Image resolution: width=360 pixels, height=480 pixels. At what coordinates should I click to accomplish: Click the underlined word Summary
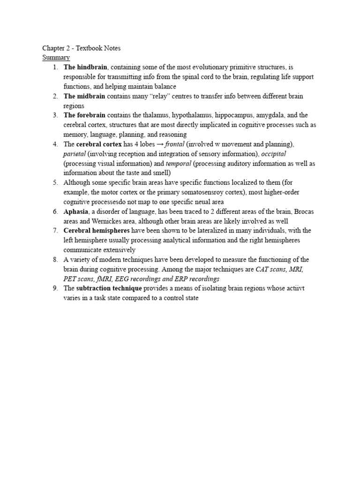[x=56, y=57]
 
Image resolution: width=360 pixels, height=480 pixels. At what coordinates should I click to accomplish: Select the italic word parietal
[x=74, y=154]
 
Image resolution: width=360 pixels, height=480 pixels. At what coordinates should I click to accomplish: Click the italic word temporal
[x=178, y=164]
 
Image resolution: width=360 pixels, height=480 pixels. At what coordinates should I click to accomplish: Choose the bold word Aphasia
[x=75, y=211]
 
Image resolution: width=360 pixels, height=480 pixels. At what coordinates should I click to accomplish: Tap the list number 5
[x=55, y=183]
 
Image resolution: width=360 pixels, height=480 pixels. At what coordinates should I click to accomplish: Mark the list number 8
[x=55, y=260]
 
